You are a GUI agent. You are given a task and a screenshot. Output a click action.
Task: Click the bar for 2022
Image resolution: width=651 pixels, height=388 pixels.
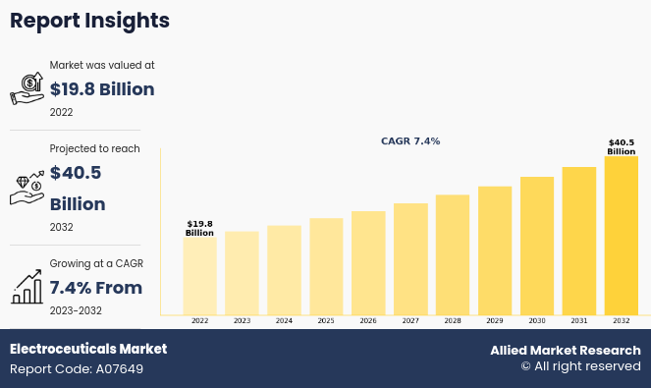coord(199,276)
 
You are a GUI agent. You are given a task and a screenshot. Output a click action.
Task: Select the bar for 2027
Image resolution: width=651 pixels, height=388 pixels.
coord(410,259)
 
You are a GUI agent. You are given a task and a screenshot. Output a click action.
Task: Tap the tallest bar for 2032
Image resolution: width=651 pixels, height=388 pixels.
coord(622,236)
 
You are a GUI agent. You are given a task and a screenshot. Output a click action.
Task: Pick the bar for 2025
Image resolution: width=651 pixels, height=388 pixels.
coord(326,267)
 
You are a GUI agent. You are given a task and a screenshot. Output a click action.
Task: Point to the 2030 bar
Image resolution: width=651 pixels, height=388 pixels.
coord(537,246)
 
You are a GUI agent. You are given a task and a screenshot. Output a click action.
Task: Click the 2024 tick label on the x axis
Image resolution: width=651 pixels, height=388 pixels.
coord(284,320)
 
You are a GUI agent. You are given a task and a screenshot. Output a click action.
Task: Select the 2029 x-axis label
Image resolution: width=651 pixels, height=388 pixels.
coord(495,320)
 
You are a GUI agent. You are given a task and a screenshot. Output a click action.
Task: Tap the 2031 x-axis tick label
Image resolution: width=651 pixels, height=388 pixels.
coord(578,320)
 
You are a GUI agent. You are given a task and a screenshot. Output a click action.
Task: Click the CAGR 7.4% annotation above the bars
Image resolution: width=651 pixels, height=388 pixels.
coord(410,141)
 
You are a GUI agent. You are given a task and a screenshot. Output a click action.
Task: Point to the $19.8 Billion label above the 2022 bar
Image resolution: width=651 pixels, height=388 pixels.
coord(199,229)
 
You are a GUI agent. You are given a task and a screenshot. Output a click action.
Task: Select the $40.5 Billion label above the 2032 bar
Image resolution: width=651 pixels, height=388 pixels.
coord(622,147)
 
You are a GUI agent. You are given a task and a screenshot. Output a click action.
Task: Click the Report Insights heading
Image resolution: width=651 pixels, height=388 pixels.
coord(89,21)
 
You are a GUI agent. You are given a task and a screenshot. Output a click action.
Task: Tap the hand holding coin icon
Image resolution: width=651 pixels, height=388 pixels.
coord(27,88)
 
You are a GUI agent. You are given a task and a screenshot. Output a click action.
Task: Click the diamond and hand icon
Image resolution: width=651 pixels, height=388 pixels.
coord(27,188)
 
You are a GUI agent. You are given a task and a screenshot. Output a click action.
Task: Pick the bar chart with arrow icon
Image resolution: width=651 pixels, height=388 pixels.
coord(27,287)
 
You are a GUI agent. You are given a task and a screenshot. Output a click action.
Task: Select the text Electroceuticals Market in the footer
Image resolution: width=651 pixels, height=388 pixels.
coord(88,349)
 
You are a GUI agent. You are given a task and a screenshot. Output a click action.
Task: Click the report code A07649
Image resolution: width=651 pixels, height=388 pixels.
coord(120,369)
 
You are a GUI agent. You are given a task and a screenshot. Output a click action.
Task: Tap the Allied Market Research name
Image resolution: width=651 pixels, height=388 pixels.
coord(566,351)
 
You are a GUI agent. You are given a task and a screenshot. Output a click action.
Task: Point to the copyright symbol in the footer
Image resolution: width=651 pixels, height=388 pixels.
coord(526,366)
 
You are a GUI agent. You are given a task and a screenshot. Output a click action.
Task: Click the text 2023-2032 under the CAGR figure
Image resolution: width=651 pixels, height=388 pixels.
coord(76,310)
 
